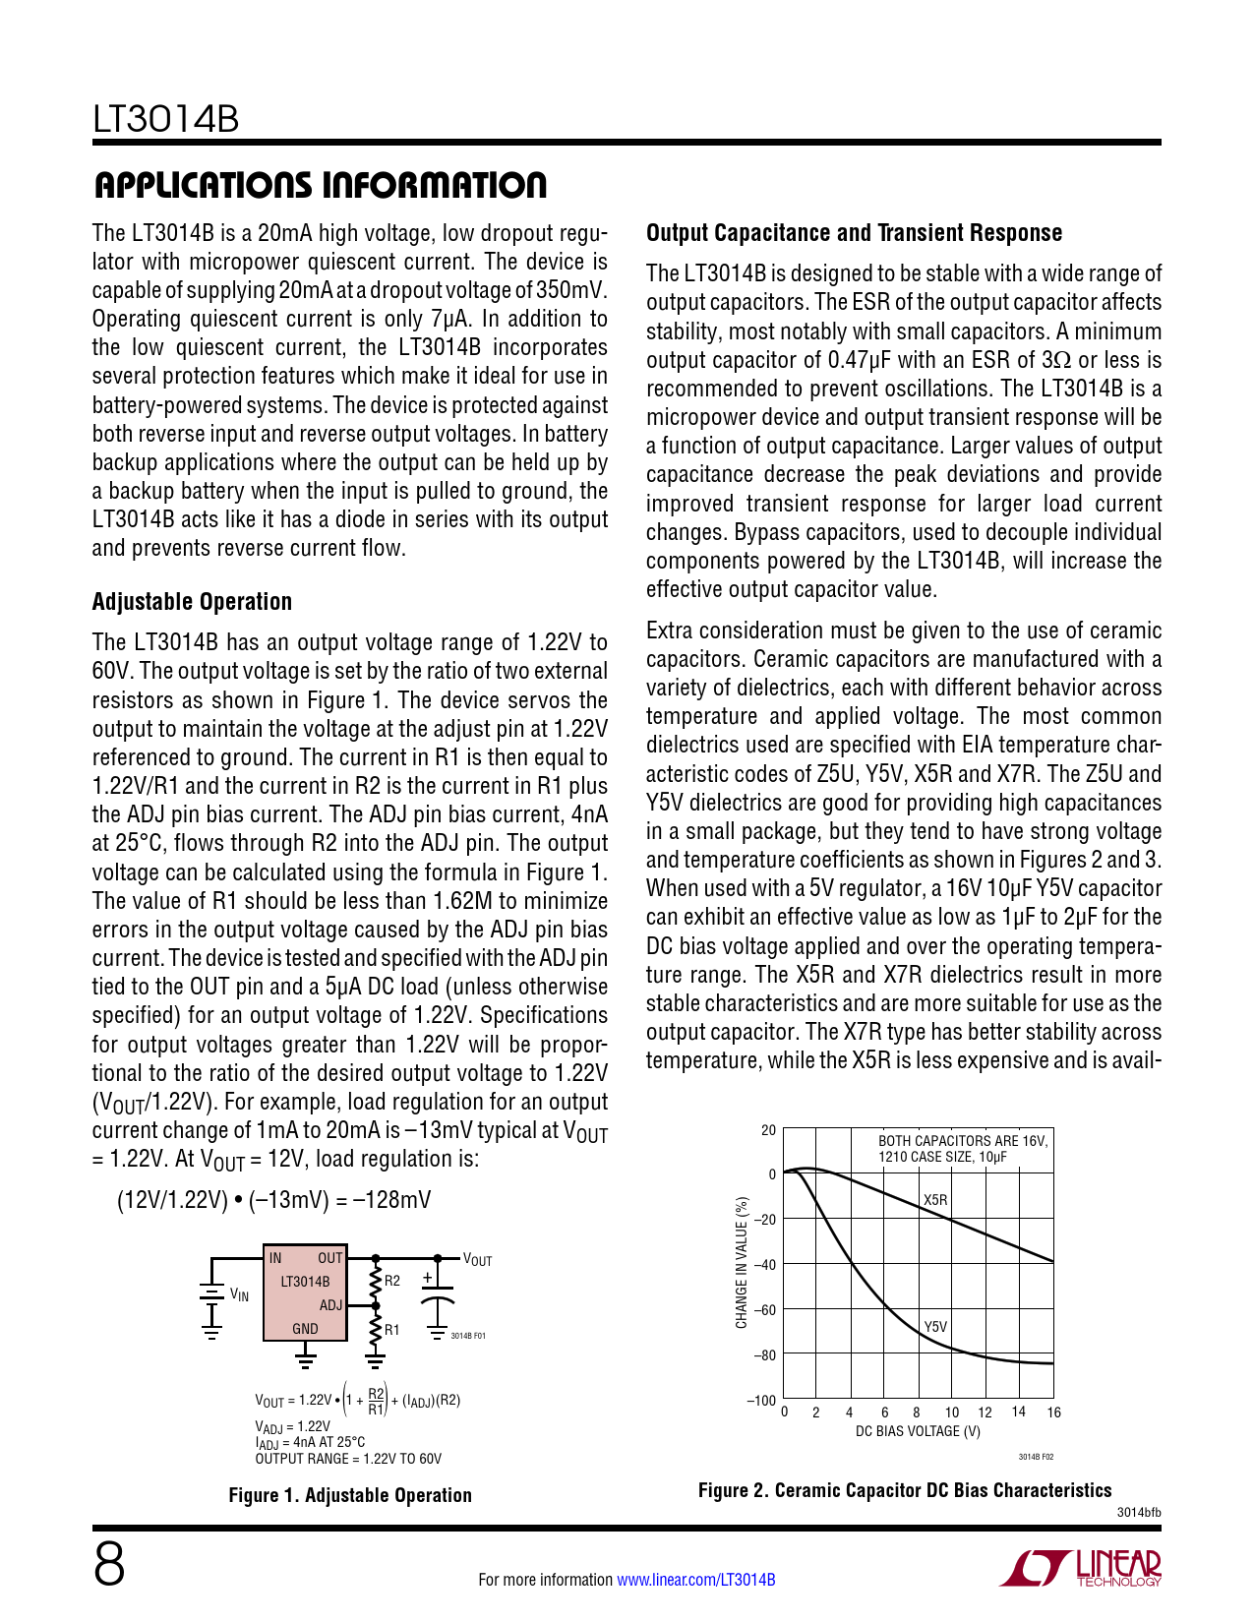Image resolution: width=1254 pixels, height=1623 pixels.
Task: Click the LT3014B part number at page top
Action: (166, 120)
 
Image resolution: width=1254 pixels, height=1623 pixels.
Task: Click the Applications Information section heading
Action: (320, 185)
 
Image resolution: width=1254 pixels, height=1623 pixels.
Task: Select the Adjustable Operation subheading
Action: (192, 602)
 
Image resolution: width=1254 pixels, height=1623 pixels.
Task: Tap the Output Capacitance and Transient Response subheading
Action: (854, 233)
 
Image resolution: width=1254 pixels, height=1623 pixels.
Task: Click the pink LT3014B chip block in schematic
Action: (305, 1293)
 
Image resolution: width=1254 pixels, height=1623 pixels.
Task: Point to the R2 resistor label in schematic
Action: (392, 1281)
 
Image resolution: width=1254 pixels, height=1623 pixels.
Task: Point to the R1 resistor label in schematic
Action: (392, 1330)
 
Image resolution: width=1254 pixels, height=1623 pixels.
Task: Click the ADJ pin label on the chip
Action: (330, 1305)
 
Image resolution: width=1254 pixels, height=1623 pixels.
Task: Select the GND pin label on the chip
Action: (305, 1329)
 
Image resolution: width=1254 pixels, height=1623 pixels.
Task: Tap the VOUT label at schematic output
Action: (477, 1260)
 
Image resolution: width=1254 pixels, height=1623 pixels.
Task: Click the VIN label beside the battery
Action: (239, 1295)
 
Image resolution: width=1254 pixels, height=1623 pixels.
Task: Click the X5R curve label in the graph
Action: (935, 1200)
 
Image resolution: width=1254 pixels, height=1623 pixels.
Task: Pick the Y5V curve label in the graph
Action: (935, 1327)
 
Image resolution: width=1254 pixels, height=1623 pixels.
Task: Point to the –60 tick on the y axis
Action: (764, 1310)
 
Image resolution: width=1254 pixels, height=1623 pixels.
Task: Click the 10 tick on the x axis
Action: (952, 1413)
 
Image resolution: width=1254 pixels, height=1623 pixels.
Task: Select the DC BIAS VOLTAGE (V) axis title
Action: (918, 1431)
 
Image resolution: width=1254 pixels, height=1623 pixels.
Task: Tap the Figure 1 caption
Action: (350, 1495)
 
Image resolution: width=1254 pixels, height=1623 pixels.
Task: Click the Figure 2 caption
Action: (905, 1490)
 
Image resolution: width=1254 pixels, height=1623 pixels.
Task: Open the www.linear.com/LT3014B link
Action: (695, 1580)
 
